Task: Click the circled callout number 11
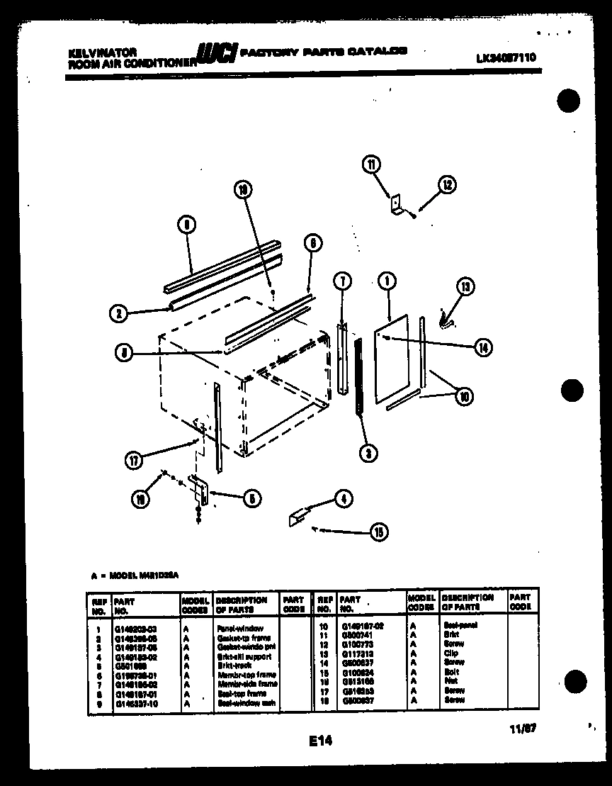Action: pyautogui.click(x=371, y=166)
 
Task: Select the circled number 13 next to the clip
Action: pyautogui.click(x=465, y=287)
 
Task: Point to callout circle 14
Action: pyautogui.click(x=484, y=347)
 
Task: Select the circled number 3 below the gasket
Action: pyautogui.click(x=367, y=453)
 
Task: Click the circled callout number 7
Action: pyautogui.click(x=341, y=281)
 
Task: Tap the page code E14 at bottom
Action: pyautogui.click(x=320, y=741)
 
